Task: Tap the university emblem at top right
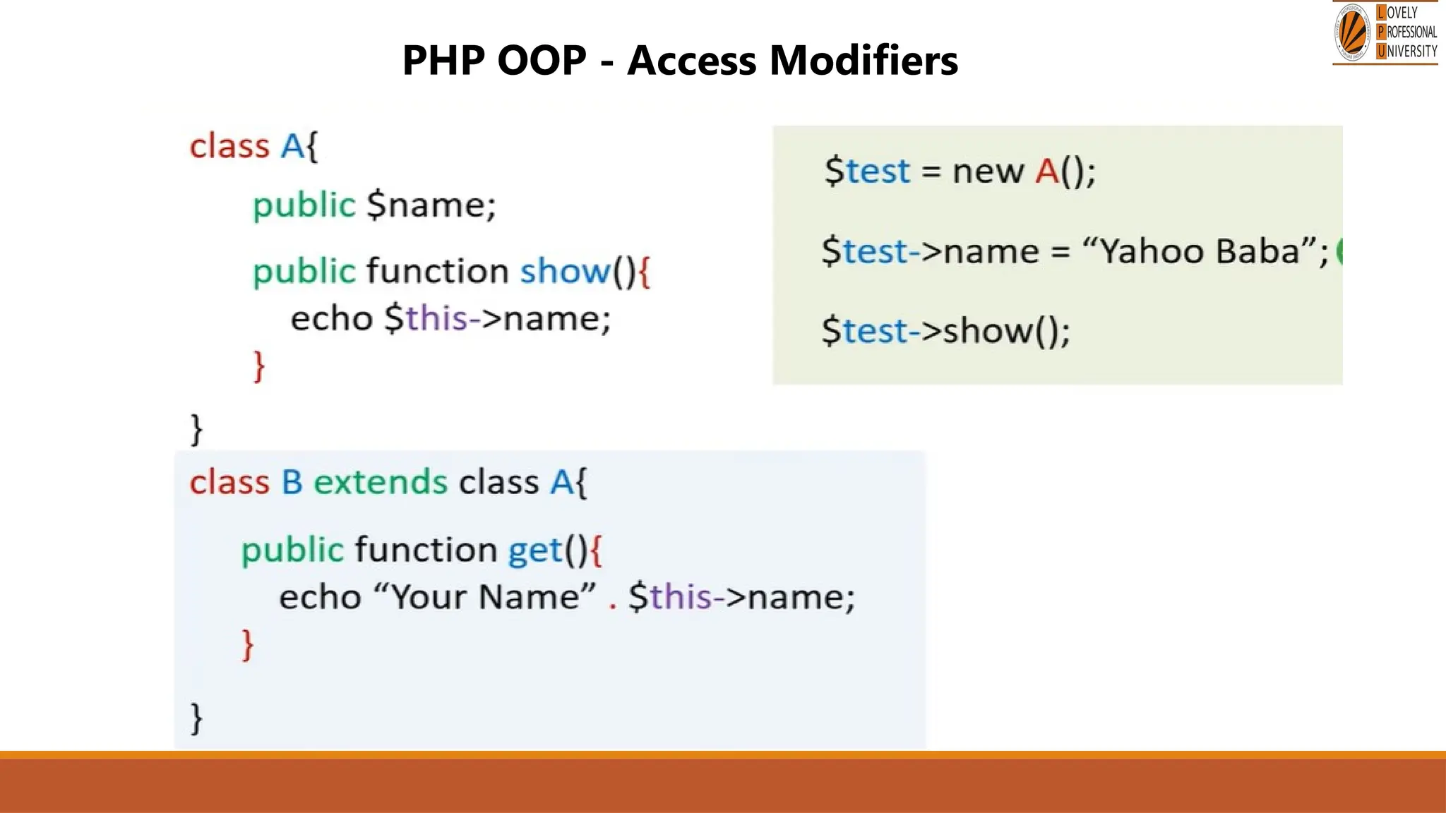point(1352,32)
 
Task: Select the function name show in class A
point(565,271)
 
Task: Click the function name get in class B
point(535,550)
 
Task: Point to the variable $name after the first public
point(431,205)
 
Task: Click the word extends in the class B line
point(380,483)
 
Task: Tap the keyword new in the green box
point(987,171)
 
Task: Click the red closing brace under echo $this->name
point(259,366)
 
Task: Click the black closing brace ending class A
point(197,428)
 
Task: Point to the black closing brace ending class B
point(197,718)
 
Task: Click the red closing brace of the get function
point(248,644)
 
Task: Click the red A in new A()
point(1046,171)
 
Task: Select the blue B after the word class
point(292,483)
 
